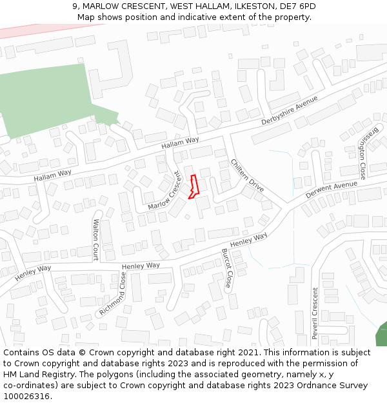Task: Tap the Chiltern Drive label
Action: (247, 175)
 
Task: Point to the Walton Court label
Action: (95, 240)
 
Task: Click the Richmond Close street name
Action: (112, 294)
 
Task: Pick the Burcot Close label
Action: (227, 268)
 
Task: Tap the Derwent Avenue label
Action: (331, 190)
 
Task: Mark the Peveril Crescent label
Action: (315, 313)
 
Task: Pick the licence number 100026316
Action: (27, 396)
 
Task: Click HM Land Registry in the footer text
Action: (34, 375)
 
